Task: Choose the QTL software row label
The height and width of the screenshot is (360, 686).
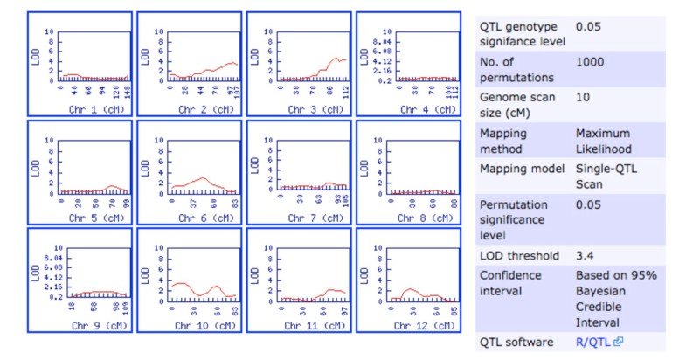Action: pyautogui.click(x=522, y=342)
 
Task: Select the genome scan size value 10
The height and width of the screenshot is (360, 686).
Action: pyautogui.click(x=583, y=97)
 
